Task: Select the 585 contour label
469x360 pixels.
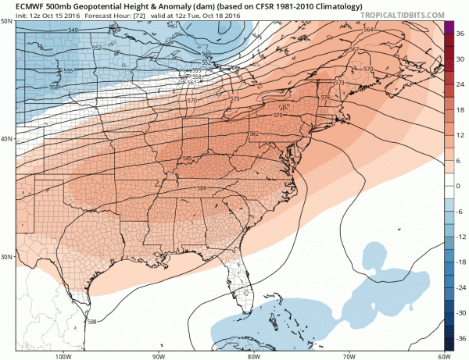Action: pos(186,159)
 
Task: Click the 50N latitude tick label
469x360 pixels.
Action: pos(7,21)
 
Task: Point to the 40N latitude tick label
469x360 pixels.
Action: pos(7,139)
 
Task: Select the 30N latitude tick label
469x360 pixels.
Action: pos(7,257)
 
